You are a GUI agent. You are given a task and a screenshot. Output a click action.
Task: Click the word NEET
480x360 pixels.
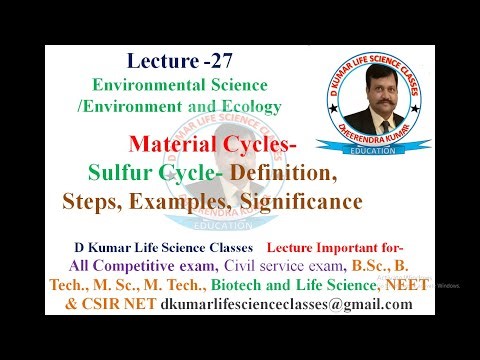click(401, 285)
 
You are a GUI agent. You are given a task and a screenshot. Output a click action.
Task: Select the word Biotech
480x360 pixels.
click(234, 285)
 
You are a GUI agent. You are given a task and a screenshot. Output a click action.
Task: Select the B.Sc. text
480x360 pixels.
click(371, 265)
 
